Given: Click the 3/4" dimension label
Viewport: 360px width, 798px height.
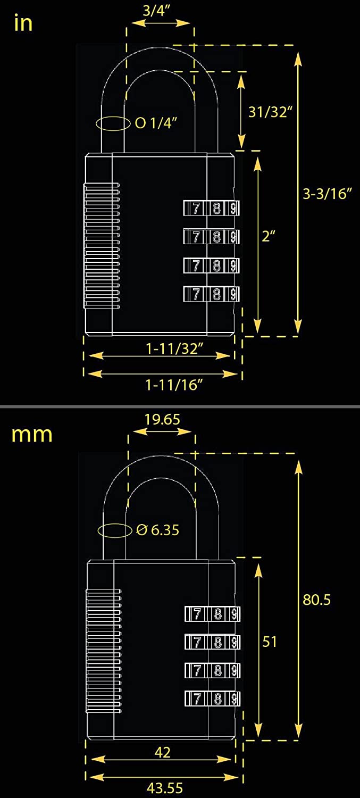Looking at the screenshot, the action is (156, 11).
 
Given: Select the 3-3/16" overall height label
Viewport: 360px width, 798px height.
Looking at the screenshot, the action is (327, 194).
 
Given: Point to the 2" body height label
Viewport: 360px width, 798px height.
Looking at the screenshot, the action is (269, 236).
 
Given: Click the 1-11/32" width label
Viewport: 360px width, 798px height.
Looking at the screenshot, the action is (174, 349).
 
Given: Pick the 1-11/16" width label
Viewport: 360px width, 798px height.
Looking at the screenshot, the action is (174, 385).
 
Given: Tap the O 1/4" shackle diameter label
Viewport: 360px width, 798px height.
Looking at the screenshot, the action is (156, 123).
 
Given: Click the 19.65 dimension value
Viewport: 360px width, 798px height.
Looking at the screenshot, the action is (162, 419).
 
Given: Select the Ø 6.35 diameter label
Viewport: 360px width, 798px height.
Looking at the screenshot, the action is (158, 530).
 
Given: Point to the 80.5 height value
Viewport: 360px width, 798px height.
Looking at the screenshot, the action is (316, 600).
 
